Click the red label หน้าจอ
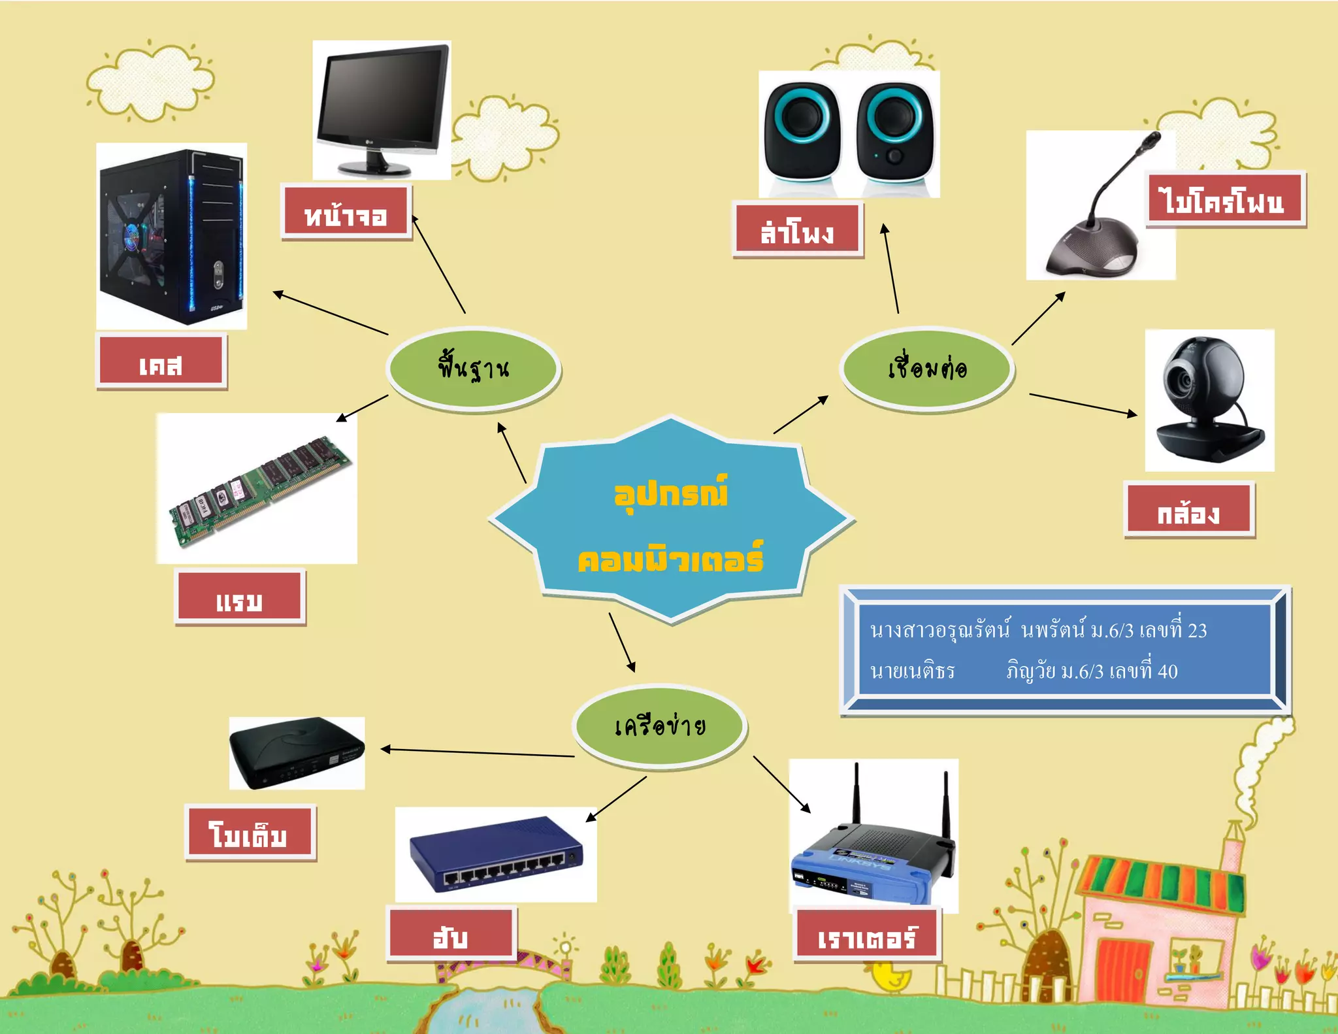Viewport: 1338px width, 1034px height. pos(346,212)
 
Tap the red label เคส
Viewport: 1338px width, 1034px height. pos(161,361)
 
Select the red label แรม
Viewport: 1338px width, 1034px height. pos(240,597)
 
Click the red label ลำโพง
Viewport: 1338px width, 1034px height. pos(797,229)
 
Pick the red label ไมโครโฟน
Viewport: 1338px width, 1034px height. pos(1225,199)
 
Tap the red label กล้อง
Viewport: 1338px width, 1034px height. pos(1188,509)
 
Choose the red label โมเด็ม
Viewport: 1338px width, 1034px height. pos(250,832)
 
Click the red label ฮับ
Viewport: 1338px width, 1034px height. pos(451,933)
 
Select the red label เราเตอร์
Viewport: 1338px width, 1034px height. pos(866,935)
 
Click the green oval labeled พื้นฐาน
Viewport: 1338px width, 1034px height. pos(473,368)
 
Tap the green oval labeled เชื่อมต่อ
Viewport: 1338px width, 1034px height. pos(926,368)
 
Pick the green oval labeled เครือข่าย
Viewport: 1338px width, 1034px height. pos(660,725)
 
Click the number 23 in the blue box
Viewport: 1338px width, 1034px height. pos(1197,631)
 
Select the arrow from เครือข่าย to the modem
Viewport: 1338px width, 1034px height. pos(477,752)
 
